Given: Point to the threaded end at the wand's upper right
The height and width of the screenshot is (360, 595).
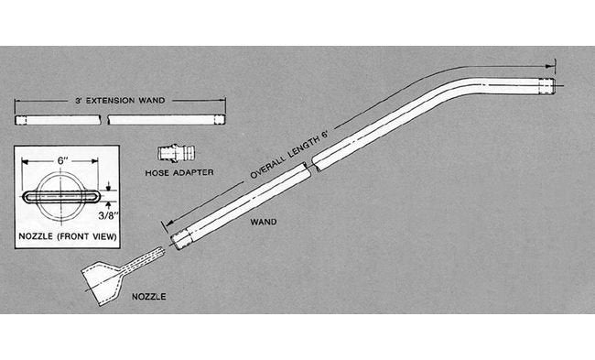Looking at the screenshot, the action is tap(546, 86).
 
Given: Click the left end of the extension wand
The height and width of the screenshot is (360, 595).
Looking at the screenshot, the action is tap(18, 119).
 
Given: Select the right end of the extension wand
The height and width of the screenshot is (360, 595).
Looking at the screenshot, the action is tap(223, 119).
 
